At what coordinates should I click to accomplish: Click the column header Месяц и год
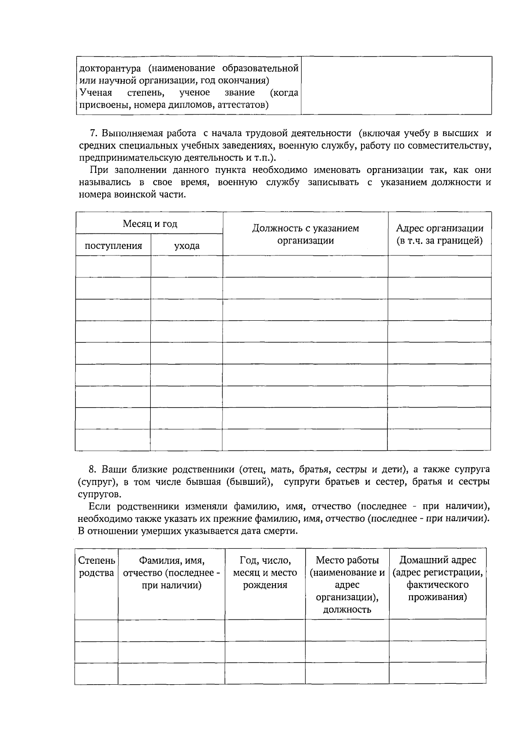point(150,224)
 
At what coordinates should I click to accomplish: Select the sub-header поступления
point(113,246)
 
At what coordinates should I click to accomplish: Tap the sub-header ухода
point(187,246)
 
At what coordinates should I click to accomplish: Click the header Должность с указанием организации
point(305,234)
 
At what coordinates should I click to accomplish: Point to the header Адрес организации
point(440,229)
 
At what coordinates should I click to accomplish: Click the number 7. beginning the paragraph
point(93,133)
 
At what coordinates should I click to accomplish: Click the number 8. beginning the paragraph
point(92,469)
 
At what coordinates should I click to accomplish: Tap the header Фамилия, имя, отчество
point(171,573)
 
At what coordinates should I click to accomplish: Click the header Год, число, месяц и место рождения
point(265,573)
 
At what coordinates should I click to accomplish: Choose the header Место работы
point(347,560)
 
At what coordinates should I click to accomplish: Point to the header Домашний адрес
point(438,560)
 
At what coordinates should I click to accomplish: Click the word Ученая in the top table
point(96,93)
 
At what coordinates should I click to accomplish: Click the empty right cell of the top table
point(396,86)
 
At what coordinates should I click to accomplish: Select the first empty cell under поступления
point(113,266)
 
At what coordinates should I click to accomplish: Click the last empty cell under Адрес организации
point(440,440)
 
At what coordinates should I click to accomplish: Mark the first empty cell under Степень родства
point(97,630)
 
